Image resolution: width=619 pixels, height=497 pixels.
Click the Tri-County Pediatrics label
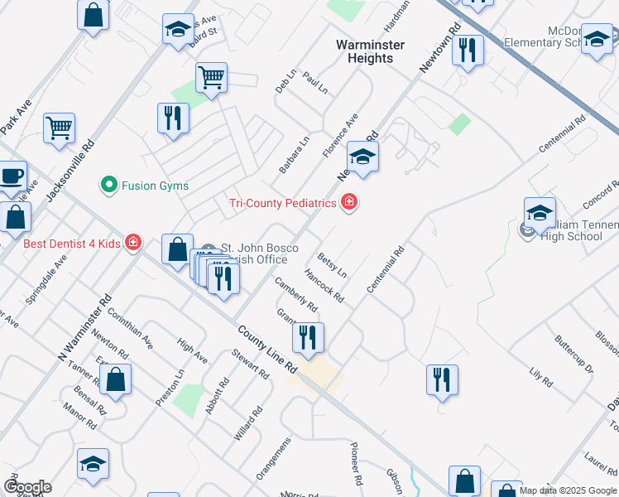click(x=283, y=203)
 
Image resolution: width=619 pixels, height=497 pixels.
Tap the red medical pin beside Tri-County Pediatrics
click(x=349, y=202)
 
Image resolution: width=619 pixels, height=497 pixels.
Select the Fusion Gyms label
click(x=156, y=186)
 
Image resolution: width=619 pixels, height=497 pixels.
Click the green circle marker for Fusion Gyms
click(x=108, y=185)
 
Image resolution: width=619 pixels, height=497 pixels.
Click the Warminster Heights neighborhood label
click(x=365, y=51)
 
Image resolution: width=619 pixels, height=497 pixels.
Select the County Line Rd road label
click(x=267, y=347)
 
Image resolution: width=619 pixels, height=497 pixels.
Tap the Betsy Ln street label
click(x=332, y=263)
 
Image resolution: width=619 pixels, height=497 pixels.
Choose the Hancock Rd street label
click(x=324, y=285)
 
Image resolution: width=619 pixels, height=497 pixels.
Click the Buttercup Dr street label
click(x=573, y=354)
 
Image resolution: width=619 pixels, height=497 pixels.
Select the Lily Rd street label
click(x=540, y=375)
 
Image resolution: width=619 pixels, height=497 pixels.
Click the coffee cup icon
click(x=12, y=176)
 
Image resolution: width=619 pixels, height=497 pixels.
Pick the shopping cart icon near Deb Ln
click(x=212, y=78)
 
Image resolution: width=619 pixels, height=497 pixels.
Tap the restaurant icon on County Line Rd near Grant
click(x=308, y=337)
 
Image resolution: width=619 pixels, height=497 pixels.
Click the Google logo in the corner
click(x=27, y=487)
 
